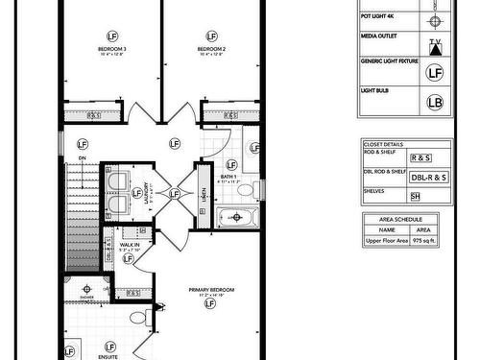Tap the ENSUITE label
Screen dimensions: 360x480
tap(108, 356)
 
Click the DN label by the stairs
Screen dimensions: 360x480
tap(82, 158)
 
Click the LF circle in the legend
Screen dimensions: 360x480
tap(434, 71)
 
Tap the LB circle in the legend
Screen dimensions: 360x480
tap(434, 100)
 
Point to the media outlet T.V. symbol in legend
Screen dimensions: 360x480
tap(435, 44)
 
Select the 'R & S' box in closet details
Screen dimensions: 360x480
tap(420, 156)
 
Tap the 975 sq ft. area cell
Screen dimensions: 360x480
tap(422, 242)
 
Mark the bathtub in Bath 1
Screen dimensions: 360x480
tap(236, 217)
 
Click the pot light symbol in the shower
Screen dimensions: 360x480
tap(87, 287)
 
